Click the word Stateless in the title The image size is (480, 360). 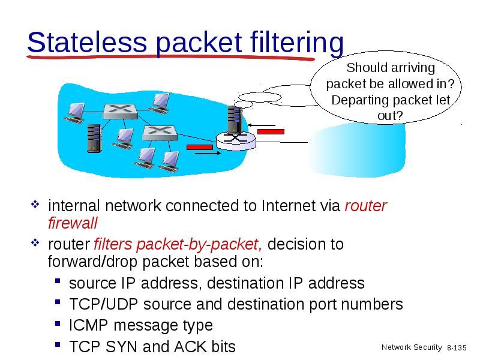click(87, 42)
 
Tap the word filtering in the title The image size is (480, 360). click(296, 43)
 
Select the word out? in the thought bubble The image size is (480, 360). click(390, 116)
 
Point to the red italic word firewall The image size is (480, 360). click(73, 223)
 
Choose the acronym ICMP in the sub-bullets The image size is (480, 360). click(88, 325)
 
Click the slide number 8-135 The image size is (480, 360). click(457, 348)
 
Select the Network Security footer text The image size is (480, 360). click(412, 347)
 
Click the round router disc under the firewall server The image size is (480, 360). click(236, 141)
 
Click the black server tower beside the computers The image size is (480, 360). click(94, 138)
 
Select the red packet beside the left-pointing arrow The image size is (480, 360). click(271, 131)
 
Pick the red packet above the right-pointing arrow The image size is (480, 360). click(200, 148)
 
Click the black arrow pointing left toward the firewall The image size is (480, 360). click(261, 125)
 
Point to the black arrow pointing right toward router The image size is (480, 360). click(208, 153)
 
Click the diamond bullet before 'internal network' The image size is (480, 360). click(35, 204)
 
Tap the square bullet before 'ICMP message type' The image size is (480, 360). click(58, 323)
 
